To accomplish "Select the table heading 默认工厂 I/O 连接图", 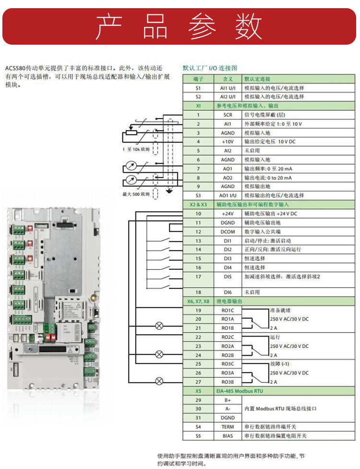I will click(x=210, y=68).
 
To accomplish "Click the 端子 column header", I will click(x=199, y=79).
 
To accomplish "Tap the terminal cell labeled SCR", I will click(x=228, y=115).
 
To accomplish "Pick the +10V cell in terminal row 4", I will click(x=228, y=142).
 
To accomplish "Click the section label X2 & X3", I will click(x=198, y=204).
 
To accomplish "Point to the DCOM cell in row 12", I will click(x=228, y=231).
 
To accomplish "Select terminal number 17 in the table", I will click(x=198, y=277).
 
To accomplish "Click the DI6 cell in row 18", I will click(x=228, y=292).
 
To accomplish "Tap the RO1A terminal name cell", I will click(x=228, y=319).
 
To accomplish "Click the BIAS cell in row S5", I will click(x=228, y=436).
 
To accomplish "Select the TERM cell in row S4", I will click(x=228, y=427).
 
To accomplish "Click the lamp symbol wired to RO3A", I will click(x=159, y=382).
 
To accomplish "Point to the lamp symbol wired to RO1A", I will click(x=159, y=327).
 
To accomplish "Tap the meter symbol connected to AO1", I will click(x=129, y=168).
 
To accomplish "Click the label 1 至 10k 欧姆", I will click(x=136, y=150).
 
